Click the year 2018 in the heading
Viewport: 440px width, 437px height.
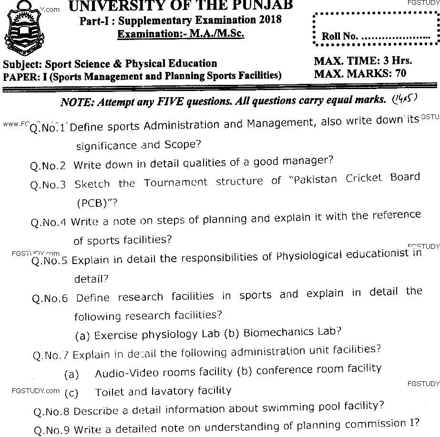click(x=266, y=20)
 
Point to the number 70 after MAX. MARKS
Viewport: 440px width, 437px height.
click(x=399, y=74)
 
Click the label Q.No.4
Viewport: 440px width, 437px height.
click(x=49, y=223)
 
